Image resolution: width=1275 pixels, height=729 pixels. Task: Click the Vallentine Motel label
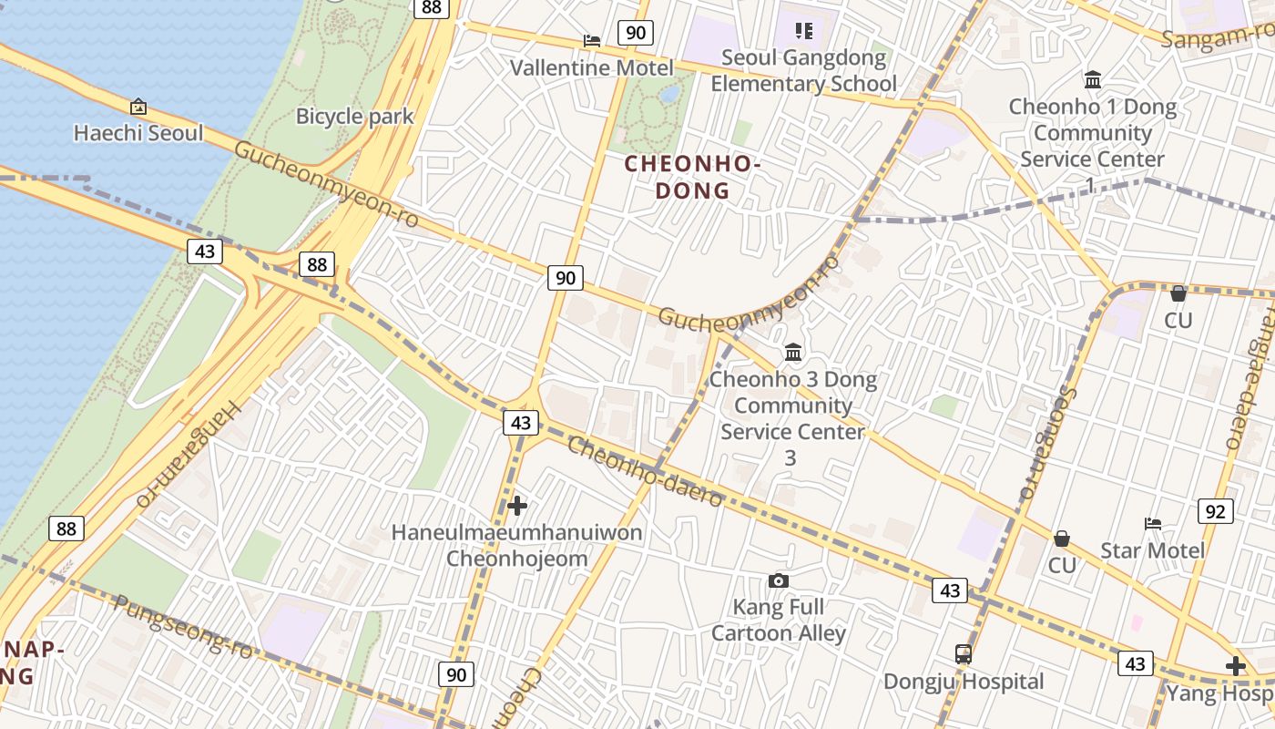click(x=591, y=68)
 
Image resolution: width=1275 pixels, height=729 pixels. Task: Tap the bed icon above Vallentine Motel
click(x=591, y=41)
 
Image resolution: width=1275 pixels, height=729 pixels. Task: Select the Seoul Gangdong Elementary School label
click(x=803, y=71)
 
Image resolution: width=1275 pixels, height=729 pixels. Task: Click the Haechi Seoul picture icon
click(x=138, y=107)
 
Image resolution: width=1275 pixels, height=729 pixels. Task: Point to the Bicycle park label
click(x=354, y=117)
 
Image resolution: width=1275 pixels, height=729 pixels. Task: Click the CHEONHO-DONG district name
click(x=692, y=177)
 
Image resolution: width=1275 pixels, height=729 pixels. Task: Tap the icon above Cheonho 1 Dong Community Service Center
click(x=1092, y=80)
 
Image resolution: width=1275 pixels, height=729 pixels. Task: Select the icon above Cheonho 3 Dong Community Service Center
click(x=793, y=352)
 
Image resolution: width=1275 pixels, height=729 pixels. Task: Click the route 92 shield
click(x=1216, y=511)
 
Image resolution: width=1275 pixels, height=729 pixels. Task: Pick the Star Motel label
click(x=1152, y=550)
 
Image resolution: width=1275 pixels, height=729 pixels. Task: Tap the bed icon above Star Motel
click(x=1153, y=524)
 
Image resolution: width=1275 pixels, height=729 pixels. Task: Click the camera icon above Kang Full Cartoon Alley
click(x=778, y=580)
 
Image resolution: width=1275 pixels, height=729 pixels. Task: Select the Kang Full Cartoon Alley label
click(x=779, y=620)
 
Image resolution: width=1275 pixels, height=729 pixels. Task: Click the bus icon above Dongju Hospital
click(x=964, y=654)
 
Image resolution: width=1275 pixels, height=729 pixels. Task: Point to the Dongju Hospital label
click(x=964, y=682)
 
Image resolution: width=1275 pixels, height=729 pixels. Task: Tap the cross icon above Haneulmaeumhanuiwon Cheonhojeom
click(x=517, y=505)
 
